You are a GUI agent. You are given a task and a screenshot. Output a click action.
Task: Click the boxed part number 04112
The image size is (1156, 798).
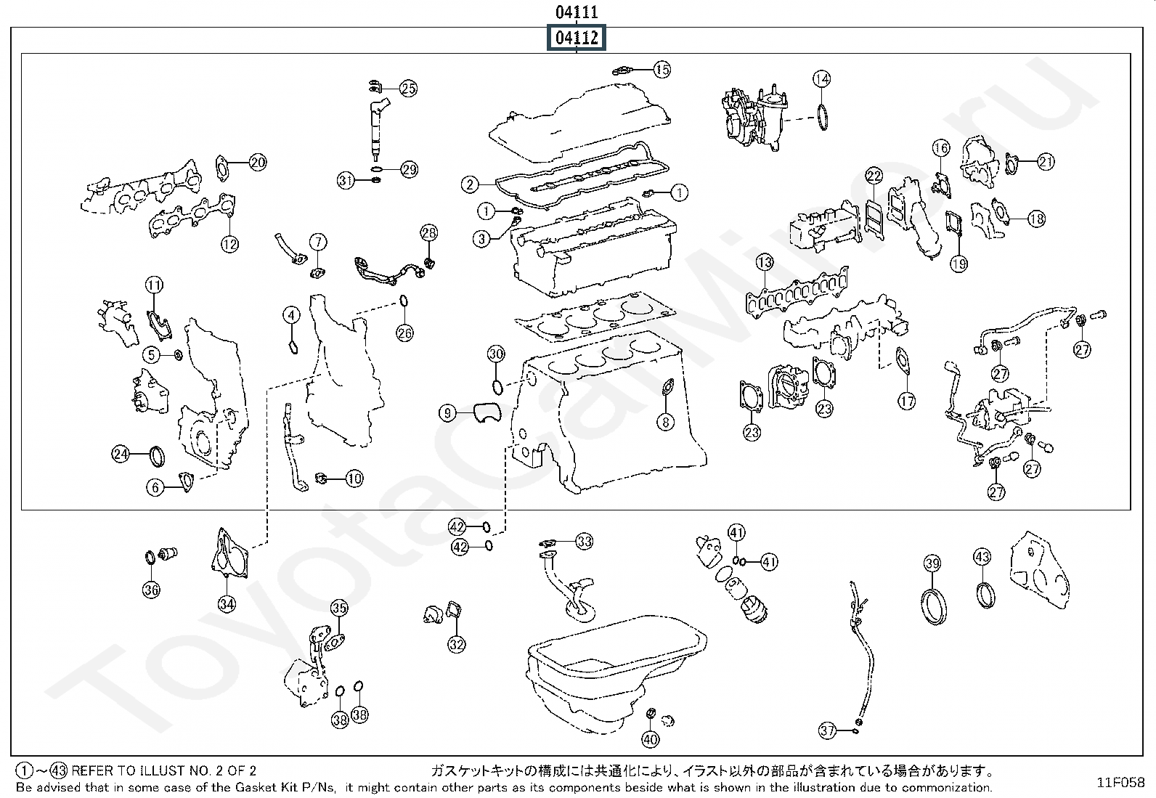[x=577, y=38]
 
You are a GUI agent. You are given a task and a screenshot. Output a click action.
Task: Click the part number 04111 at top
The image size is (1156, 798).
[x=577, y=12]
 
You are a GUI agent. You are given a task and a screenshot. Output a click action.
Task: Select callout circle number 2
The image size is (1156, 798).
[x=471, y=184]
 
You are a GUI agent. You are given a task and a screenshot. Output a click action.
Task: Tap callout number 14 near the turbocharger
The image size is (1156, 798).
[x=821, y=78]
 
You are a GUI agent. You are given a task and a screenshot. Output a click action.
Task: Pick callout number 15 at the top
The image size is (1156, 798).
[x=662, y=70]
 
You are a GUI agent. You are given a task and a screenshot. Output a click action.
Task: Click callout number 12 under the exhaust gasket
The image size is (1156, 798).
[x=229, y=244]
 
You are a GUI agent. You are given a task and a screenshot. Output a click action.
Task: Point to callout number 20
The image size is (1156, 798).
[x=258, y=163]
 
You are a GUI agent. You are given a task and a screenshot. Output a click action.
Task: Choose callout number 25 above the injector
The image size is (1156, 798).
[x=409, y=89]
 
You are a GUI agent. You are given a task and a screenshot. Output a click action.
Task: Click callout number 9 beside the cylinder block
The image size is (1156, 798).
[x=447, y=414]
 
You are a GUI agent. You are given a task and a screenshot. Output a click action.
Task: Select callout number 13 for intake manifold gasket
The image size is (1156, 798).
[x=765, y=261]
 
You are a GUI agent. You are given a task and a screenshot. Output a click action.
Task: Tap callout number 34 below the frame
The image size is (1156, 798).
[x=227, y=603]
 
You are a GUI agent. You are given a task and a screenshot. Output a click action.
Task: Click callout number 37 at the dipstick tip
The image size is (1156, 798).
[x=827, y=730]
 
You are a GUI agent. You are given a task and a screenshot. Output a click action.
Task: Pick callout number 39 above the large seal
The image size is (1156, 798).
[x=932, y=563]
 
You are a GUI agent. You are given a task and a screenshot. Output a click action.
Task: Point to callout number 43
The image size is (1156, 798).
[x=982, y=557]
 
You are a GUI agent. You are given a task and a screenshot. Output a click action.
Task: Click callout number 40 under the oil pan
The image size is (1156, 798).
[x=651, y=740]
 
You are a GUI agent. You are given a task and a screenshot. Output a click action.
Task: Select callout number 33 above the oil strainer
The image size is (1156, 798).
[x=585, y=541]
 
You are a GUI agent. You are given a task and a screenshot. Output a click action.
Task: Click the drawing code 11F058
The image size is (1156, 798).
[x=1120, y=782]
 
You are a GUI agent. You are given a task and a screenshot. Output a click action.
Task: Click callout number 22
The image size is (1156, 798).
[x=874, y=176]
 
